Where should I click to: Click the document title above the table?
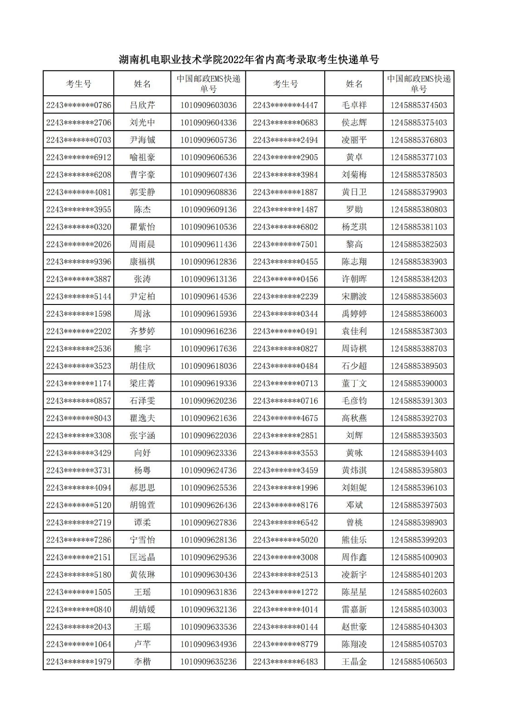pyautogui.click(x=249, y=59)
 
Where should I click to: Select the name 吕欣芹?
pyautogui.click(x=142, y=105)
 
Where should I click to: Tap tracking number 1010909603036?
pyautogui.click(x=208, y=105)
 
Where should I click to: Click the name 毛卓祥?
pyautogui.click(x=354, y=105)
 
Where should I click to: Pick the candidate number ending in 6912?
pyautogui.click(x=78, y=157)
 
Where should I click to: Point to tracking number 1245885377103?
pyautogui.click(x=418, y=157)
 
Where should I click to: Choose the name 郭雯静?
pyautogui.click(x=142, y=192)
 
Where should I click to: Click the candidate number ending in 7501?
pyautogui.click(x=285, y=244)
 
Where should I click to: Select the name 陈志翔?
pyautogui.click(x=354, y=262)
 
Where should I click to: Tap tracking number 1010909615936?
pyautogui.click(x=208, y=314)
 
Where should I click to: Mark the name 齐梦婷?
pyautogui.click(x=142, y=331)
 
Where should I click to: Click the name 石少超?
pyautogui.click(x=354, y=366)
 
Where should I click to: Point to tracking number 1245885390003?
pyautogui.click(x=418, y=383)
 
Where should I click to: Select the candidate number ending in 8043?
pyautogui.click(x=78, y=418)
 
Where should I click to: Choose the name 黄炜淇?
pyautogui.click(x=354, y=471)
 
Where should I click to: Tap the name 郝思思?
pyautogui.click(x=142, y=488)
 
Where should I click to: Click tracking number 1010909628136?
pyautogui.click(x=208, y=540)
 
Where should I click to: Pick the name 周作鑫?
pyautogui.click(x=354, y=557)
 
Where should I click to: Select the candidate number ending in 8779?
pyautogui.click(x=285, y=644)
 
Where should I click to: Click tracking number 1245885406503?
pyautogui.click(x=418, y=662)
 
